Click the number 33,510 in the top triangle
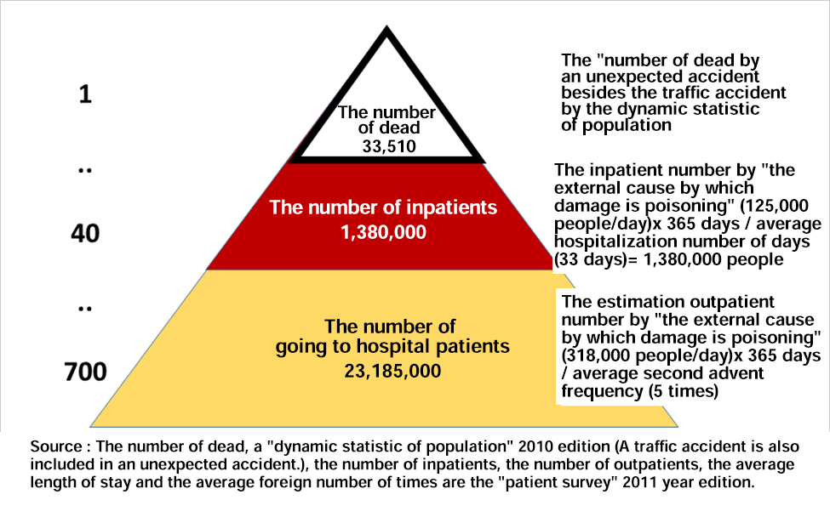click(x=389, y=146)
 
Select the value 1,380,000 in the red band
click(x=383, y=232)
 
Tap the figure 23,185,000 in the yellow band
click(x=392, y=371)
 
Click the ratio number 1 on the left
click(x=85, y=94)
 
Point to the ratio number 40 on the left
click(x=85, y=233)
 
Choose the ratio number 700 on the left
click(x=85, y=372)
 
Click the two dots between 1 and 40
click(x=85, y=171)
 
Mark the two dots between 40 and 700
click(x=85, y=309)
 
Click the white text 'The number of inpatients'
click(x=383, y=207)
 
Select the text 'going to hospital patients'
click(x=392, y=347)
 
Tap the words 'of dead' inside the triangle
click(x=389, y=128)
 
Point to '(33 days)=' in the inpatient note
click(x=596, y=259)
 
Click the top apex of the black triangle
click(x=387, y=26)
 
